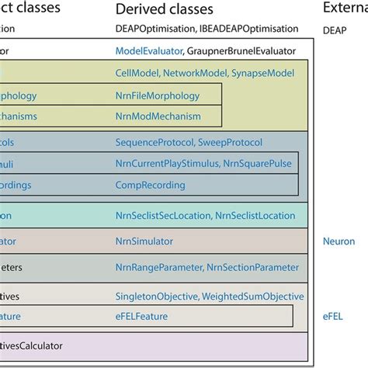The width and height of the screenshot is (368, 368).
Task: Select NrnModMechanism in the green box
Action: tap(158, 116)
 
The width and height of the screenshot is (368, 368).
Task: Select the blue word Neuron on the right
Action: tap(338, 241)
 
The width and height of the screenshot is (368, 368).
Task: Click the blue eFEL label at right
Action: tap(334, 316)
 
